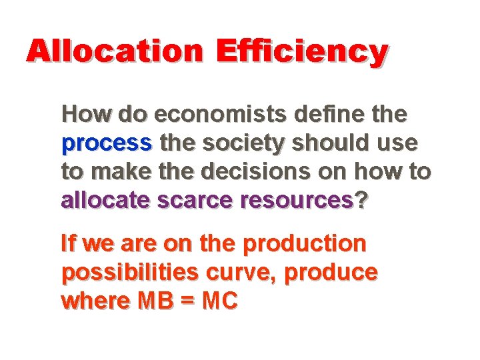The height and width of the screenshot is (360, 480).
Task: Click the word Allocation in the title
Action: pos(114,51)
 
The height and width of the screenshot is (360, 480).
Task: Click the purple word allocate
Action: pos(107,200)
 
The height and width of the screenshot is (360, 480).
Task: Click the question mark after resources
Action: pos(361,200)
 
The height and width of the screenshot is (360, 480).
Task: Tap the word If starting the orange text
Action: pos(69,243)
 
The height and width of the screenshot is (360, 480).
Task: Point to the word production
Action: pos(305,244)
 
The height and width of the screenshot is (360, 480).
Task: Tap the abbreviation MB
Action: pos(157,301)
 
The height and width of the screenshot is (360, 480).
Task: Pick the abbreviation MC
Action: pos(220,301)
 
